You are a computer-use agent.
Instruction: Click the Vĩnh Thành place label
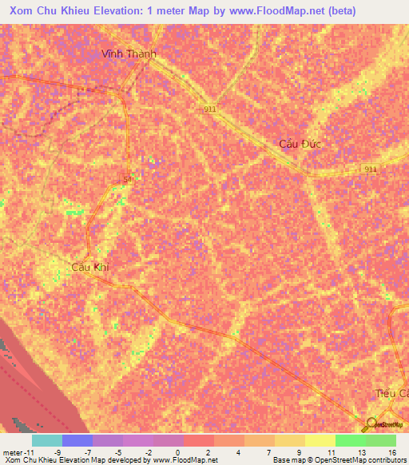tap(128, 54)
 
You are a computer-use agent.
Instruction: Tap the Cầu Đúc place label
tap(299, 144)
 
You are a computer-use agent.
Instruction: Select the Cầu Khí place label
tap(89, 267)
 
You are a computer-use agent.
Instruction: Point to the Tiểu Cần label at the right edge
tap(392, 394)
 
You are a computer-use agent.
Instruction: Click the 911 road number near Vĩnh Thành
tap(210, 109)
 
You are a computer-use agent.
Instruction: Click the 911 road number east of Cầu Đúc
tap(370, 169)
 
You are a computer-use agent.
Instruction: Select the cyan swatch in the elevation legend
tap(46, 440)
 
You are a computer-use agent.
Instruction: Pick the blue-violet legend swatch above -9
tap(77, 440)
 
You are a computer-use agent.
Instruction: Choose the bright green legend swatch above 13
tap(350, 440)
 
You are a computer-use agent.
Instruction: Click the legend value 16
tap(391, 452)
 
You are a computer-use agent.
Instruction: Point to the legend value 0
tap(177, 452)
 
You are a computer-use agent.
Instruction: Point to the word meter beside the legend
tap(13, 452)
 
